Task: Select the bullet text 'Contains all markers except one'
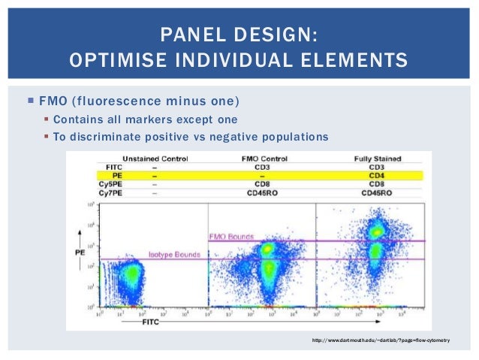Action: click(145, 119)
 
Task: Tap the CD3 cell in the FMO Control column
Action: click(262, 167)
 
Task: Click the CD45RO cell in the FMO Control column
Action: click(262, 192)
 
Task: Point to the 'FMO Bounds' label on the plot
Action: click(229, 236)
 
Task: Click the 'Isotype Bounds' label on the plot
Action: click(174, 254)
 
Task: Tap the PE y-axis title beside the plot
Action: click(79, 253)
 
